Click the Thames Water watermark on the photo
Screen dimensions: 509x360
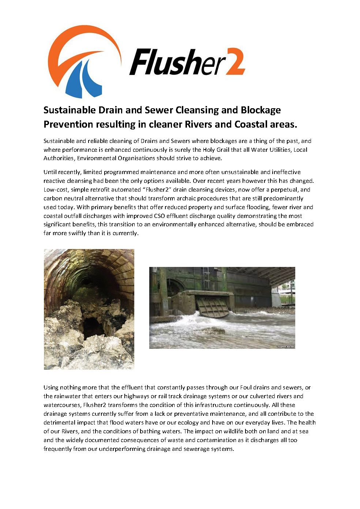pyautogui.click(x=285, y=346)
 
